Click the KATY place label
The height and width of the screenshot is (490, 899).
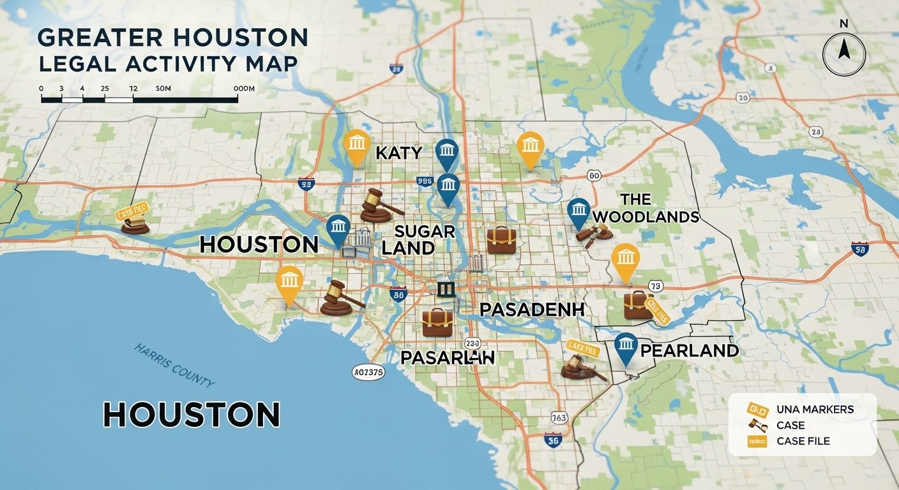pos(398,153)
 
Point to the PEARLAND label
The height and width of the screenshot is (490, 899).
pos(689,350)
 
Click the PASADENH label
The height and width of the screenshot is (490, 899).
pos(533,310)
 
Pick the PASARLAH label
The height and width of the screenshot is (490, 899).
pos(448,357)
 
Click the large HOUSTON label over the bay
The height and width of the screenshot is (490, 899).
pos(192,415)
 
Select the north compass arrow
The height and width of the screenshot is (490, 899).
pos(843,50)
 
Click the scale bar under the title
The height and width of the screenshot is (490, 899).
pos(139,99)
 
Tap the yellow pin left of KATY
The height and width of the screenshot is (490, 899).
pos(356,147)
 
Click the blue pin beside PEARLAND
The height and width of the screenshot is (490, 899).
pos(626,348)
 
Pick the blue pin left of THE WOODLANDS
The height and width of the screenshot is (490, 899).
pos(578,212)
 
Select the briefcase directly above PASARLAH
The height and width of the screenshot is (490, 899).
pos(437,323)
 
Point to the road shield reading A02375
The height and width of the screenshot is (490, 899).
pos(368,373)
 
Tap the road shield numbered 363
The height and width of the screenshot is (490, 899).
pos(559,419)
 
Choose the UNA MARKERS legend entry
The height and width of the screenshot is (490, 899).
pos(815,410)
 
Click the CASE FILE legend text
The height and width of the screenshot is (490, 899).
pos(803,442)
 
